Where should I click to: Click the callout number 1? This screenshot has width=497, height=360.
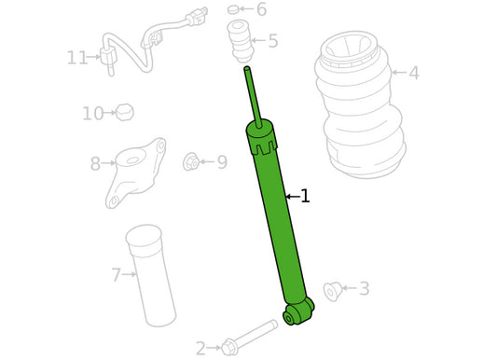pos(305,196)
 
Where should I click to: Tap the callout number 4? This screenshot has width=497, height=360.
pos(414,73)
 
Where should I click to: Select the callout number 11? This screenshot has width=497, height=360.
pos(77,58)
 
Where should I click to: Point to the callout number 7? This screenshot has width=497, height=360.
pos(117,275)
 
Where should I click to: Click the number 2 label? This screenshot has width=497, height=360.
pos(200,348)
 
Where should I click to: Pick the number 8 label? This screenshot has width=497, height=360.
pos(95,163)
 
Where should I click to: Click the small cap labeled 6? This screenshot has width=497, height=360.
pos(233,10)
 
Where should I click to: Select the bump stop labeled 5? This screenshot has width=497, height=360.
pos(241,41)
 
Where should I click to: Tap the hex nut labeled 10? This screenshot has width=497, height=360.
pos(125,112)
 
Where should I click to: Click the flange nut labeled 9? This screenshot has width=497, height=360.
pos(191,161)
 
